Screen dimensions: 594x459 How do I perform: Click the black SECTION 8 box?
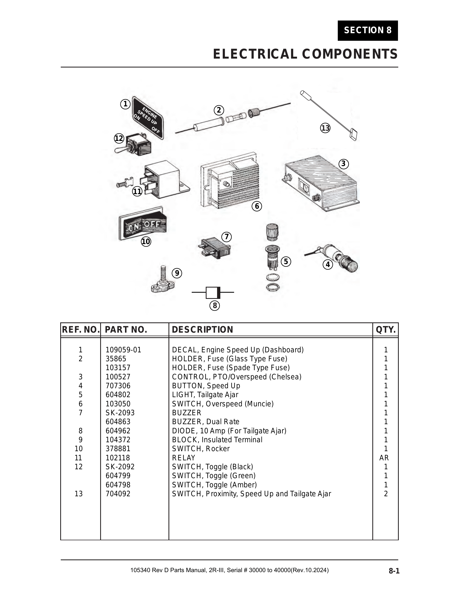click(368, 31)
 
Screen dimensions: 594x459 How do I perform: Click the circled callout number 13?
click(325, 128)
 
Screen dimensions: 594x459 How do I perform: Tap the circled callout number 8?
click(215, 305)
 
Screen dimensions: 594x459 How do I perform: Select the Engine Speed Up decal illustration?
click(148, 118)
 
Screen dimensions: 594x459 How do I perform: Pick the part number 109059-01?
click(123, 350)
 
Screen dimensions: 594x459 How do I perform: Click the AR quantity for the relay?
click(384, 458)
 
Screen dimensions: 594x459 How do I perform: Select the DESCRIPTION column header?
click(202, 330)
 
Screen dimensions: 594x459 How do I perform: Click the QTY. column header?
click(386, 330)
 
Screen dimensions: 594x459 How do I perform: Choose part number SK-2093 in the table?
click(120, 413)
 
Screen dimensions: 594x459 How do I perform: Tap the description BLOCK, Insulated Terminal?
click(217, 440)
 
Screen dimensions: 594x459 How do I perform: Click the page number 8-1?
click(394, 571)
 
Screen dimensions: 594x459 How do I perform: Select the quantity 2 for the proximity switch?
click(386, 494)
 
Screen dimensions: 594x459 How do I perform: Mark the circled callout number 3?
click(343, 164)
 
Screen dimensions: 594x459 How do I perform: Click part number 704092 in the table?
click(118, 494)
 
